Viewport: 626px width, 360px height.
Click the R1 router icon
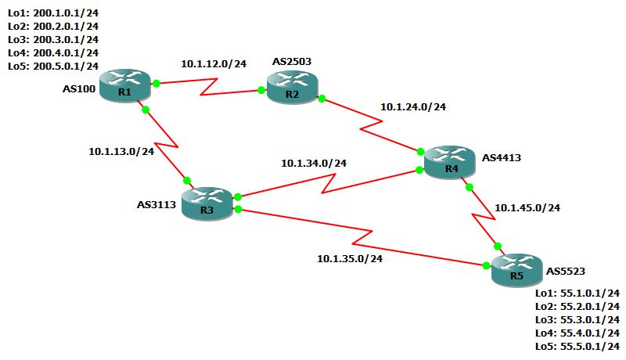(x=124, y=84)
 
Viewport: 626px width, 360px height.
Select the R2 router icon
(x=292, y=86)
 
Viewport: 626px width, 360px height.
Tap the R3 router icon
(x=207, y=203)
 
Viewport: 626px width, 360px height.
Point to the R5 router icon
(x=516, y=269)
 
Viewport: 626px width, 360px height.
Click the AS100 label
(x=79, y=89)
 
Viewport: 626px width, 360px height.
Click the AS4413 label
(x=502, y=157)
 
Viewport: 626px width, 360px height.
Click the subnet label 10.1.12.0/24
(x=214, y=64)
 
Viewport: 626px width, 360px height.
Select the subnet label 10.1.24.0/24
(x=413, y=107)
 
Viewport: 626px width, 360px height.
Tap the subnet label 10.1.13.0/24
(x=121, y=151)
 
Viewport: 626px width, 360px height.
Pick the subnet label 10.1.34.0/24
(x=314, y=164)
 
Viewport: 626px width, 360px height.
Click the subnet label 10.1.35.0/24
(x=350, y=258)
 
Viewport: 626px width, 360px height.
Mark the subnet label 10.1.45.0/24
(x=527, y=207)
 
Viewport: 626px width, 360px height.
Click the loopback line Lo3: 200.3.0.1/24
(x=52, y=38)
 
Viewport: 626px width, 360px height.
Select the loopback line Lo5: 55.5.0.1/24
(x=577, y=347)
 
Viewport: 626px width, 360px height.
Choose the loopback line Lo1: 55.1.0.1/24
(x=577, y=293)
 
